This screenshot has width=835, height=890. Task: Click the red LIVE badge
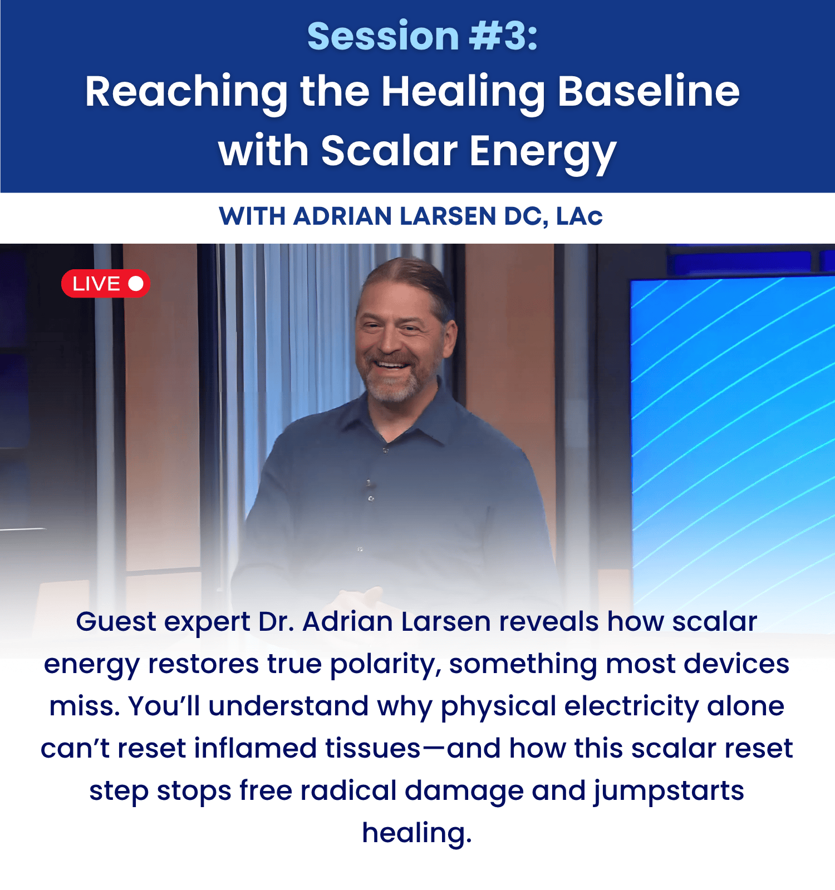tap(105, 284)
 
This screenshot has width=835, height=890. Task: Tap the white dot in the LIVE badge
tap(136, 284)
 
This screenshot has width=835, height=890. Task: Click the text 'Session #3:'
tap(423, 36)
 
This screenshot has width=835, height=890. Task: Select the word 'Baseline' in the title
tap(649, 91)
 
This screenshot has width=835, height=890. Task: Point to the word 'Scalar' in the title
tap(389, 151)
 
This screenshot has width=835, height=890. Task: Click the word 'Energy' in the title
tap(543, 153)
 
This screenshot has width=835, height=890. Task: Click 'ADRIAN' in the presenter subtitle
tap(343, 216)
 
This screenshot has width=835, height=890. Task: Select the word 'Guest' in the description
tap(116, 621)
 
